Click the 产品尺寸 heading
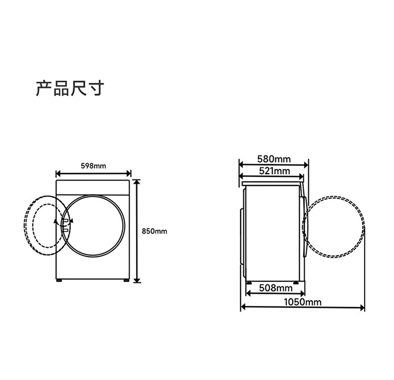70,88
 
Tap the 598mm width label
94,166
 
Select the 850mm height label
154,231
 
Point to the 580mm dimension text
274,159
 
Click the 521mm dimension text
274,171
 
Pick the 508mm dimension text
276,288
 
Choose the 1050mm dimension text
303,302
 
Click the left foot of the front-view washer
59,280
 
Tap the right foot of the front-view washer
127,280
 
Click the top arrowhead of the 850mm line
137,183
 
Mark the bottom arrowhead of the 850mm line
137,280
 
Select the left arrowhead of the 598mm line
58,173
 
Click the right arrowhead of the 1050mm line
362,308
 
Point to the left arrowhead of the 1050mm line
243,307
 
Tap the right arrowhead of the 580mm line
306,165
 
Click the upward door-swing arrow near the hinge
55,221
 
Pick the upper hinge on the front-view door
65,221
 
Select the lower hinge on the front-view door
65,230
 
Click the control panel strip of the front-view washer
93,187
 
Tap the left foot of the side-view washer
249,282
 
